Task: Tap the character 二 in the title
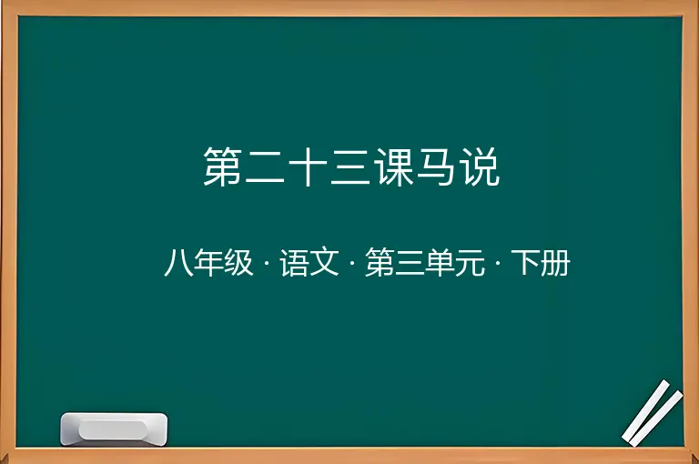click(265, 166)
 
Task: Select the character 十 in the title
click(308, 166)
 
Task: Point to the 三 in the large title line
click(350, 166)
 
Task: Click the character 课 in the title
click(394, 166)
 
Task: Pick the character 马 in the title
click(437, 166)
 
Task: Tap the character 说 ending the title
click(481, 166)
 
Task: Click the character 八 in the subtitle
click(178, 263)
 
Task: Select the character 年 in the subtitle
click(208, 263)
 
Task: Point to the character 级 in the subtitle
click(238, 263)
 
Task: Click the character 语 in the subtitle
click(294, 263)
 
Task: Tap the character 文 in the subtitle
click(325, 263)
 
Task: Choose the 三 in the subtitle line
click(410, 264)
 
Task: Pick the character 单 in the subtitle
click(440, 263)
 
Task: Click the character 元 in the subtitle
click(470, 264)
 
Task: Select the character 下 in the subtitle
click(526, 264)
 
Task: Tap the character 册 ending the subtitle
click(555, 264)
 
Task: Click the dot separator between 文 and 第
click(352, 264)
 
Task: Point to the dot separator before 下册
click(498, 264)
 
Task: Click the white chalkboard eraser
click(114, 429)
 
